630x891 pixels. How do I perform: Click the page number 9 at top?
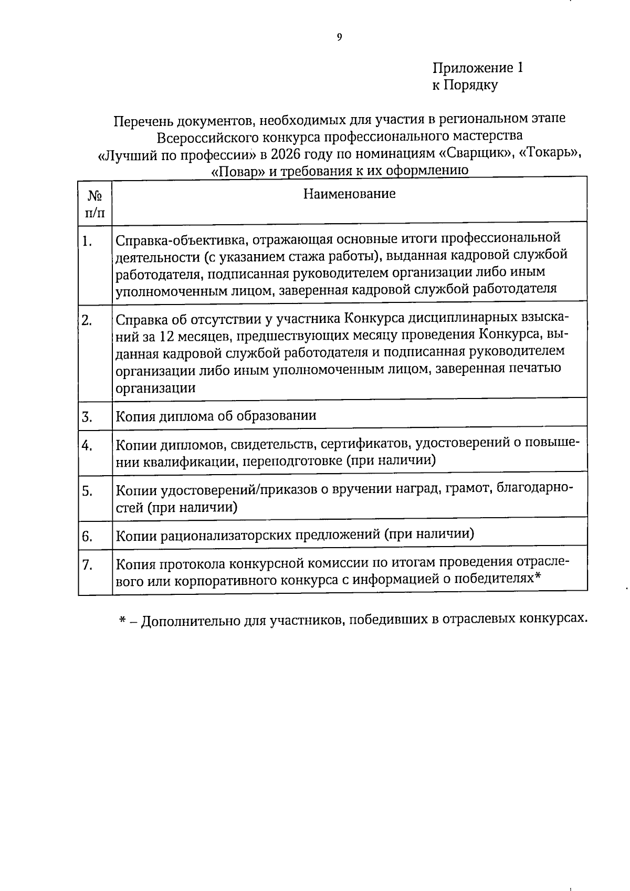[x=339, y=37]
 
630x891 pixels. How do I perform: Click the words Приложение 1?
[x=477, y=68]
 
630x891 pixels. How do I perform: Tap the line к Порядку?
[x=465, y=85]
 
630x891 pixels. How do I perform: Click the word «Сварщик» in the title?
[x=475, y=154]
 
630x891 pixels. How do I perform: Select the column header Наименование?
[x=349, y=194]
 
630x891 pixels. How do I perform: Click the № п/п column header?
[x=95, y=204]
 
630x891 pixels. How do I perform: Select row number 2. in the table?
[x=87, y=321]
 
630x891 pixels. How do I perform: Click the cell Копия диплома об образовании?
[x=216, y=416]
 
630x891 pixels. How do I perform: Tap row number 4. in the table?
[x=87, y=446]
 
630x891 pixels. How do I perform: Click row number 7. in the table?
[x=87, y=565]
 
